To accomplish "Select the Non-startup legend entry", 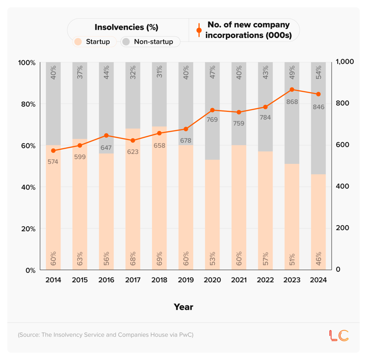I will pyautogui.click(x=150, y=42).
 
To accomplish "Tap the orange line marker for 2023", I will pyautogui.click(x=292, y=90).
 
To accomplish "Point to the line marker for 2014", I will pyautogui.click(x=53, y=151).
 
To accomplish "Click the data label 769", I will pyautogui.click(x=212, y=119).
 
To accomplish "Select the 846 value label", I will pyautogui.click(x=318, y=107).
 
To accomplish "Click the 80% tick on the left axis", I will pyautogui.click(x=27, y=104).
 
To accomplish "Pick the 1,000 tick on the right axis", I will pyautogui.click(x=345, y=62).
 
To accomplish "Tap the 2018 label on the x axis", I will pyautogui.click(x=159, y=280).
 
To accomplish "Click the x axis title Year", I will pyautogui.click(x=183, y=307).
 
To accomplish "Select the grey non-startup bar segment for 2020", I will pyautogui.click(x=213, y=136).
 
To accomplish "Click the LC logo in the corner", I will pyautogui.click(x=339, y=335).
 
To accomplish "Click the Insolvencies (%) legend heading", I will pyautogui.click(x=126, y=27).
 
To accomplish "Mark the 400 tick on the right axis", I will pyautogui.click(x=342, y=186).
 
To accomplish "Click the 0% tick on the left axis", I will pyautogui.click(x=29, y=270).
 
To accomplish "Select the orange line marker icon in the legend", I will pyautogui.click(x=199, y=30).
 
